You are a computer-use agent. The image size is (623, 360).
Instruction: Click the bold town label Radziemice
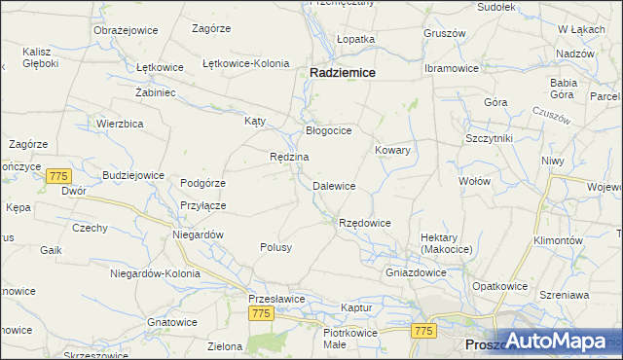click(343, 72)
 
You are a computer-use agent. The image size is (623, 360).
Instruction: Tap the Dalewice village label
click(333, 186)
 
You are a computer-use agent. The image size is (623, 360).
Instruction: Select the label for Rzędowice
click(364, 224)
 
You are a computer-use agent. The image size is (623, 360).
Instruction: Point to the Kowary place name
click(392, 151)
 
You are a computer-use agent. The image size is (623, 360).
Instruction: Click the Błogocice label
click(328, 130)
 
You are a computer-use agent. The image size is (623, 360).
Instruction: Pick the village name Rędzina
click(289, 158)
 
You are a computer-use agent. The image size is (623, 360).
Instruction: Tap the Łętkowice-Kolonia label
click(245, 63)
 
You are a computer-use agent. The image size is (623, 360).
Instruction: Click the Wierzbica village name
click(120, 125)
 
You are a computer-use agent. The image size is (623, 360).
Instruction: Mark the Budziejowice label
click(132, 175)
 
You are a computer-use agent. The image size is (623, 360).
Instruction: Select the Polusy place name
click(275, 248)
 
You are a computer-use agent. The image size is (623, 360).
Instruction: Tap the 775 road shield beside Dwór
click(58, 176)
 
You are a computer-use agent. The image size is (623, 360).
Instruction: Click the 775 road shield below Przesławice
click(260, 313)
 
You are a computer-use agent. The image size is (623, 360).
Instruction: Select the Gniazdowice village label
click(416, 273)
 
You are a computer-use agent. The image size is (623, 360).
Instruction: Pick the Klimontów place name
click(558, 240)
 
